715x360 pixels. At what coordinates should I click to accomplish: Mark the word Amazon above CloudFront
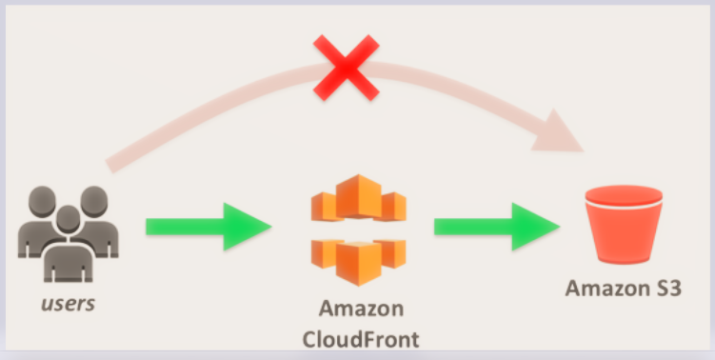tap(361, 310)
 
